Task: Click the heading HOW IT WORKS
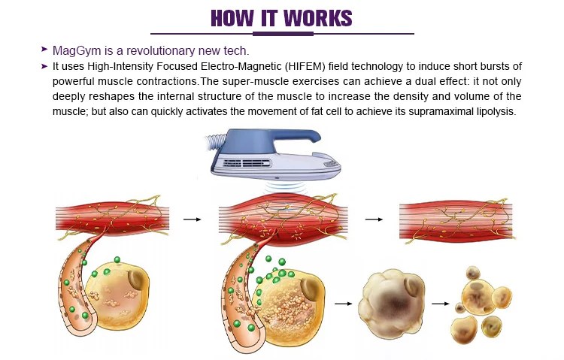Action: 282,17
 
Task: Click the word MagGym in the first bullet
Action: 74,50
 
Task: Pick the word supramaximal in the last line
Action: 437,112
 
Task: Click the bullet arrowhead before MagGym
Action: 45,50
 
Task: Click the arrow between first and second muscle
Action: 193,219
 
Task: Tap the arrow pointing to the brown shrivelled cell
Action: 344,304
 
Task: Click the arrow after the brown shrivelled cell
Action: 438,304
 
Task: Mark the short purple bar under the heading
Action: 282,35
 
